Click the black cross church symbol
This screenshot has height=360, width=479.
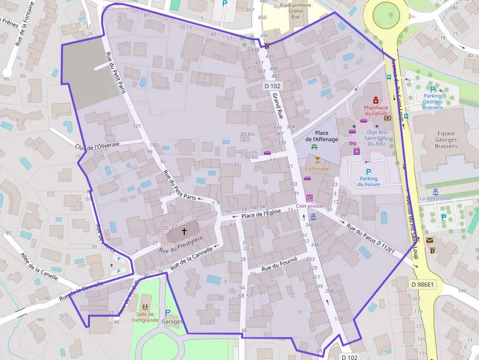point(184,231)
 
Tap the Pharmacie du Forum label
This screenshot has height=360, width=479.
point(376,111)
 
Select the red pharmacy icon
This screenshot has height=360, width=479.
point(375,100)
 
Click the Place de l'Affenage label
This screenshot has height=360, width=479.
point(322,136)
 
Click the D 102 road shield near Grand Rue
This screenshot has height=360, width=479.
point(272,86)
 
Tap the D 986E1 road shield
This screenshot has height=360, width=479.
point(422,284)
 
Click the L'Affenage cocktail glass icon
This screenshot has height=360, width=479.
point(318,160)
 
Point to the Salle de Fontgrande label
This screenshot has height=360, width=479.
point(145,317)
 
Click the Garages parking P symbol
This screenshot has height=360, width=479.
point(168,313)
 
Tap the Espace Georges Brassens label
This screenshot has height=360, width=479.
point(446,140)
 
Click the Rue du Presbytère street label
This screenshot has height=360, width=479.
point(181,245)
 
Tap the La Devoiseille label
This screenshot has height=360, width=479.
point(435,198)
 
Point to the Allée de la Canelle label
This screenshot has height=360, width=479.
point(39,267)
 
